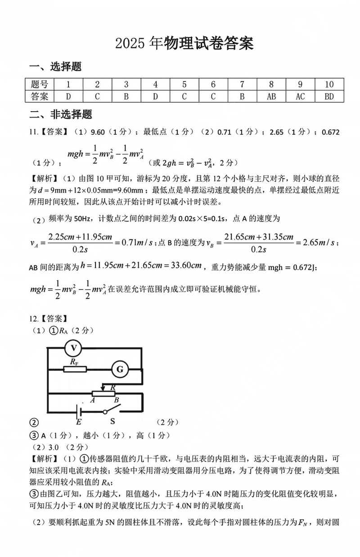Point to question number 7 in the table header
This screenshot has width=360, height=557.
click(x=242, y=84)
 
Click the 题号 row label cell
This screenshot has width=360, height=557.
click(x=40, y=84)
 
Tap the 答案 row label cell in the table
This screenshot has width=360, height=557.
click(x=40, y=96)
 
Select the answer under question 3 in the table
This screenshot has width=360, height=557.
click(x=126, y=96)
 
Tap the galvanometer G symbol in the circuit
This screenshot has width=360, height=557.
click(x=120, y=369)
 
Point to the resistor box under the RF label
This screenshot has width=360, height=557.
click(x=74, y=369)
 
